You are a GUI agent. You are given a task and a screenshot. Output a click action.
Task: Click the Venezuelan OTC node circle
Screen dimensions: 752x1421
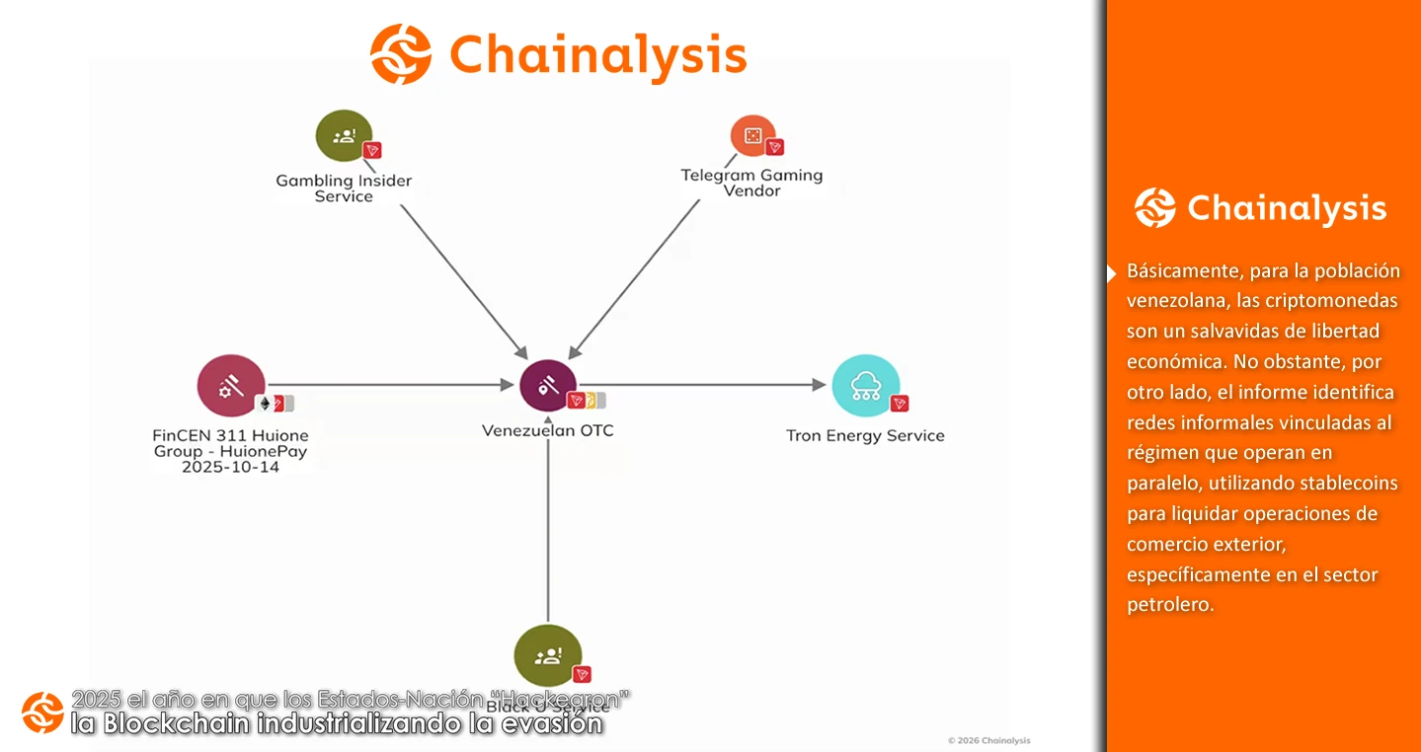[x=548, y=385]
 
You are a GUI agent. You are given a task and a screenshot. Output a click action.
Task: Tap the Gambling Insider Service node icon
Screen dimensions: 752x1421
[x=344, y=135]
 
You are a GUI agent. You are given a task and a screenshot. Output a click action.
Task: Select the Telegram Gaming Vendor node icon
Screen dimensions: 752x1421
[x=752, y=137]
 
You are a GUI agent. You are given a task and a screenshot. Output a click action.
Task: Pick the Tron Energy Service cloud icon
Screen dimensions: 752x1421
[x=865, y=386]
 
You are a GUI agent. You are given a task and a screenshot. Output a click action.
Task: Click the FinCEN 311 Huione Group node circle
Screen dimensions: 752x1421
[x=231, y=386]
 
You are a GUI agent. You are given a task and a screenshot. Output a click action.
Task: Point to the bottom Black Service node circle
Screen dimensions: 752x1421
[x=548, y=655]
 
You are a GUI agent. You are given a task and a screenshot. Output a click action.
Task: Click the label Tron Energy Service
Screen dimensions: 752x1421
[x=865, y=435]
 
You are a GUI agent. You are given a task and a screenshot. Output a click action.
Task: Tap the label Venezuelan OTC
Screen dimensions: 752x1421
[x=547, y=430]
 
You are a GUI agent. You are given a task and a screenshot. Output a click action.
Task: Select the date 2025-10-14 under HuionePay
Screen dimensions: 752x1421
[x=230, y=467]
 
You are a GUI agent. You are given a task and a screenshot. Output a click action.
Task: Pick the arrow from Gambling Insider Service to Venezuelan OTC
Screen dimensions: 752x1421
[x=464, y=280]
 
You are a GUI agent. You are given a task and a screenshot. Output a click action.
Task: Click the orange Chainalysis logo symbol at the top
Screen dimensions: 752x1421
[x=400, y=53]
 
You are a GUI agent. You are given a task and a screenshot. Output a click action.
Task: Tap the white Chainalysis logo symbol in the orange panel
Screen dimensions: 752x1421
[x=1154, y=208]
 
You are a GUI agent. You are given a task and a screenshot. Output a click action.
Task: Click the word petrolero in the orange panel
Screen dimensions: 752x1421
[x=1170, y=605]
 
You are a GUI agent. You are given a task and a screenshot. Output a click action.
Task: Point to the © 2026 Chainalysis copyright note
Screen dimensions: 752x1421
[x=987, y=740]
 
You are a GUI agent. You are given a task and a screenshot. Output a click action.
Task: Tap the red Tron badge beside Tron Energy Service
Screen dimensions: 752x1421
[x=900, y=404]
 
